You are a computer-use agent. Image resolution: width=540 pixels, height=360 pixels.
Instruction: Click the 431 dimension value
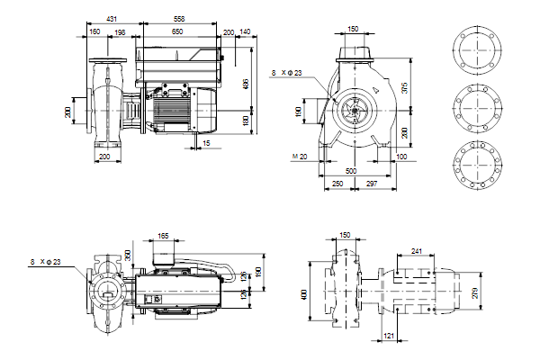coord(111,18)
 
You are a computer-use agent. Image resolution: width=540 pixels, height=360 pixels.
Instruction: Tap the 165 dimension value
coord(163,236)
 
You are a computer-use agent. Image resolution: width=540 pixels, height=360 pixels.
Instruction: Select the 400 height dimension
coord(303,293)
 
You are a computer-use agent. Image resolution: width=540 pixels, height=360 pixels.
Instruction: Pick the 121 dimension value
coord(389,336)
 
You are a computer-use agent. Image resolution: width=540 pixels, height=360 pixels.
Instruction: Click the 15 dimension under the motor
coord(207,143)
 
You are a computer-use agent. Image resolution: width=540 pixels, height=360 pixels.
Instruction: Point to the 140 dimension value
coord(245,31)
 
